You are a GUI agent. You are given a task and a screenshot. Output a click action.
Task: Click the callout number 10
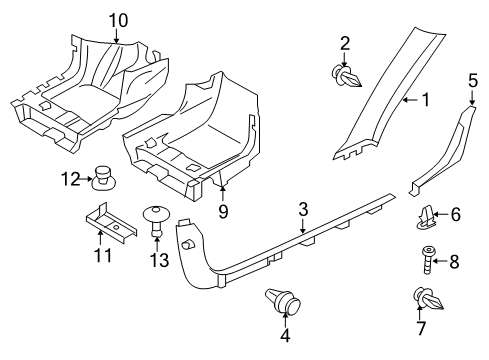click(x=118, y=19)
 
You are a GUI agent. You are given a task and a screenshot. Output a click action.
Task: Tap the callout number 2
click(x=345, y=42)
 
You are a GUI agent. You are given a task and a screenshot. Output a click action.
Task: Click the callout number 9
click(x=223, y=210)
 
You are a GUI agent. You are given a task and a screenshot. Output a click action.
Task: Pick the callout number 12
click(x=68, y=179)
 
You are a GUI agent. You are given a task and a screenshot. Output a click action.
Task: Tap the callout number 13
click(x=154, y=261)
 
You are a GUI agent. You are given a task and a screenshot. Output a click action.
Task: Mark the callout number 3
click(x=302, y=210)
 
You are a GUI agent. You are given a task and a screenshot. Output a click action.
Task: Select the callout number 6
click(x=455, y=241)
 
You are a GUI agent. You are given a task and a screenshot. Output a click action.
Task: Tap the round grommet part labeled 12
click(x=101, y=178)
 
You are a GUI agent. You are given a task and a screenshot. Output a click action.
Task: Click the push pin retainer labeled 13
click(x=155, y=221)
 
